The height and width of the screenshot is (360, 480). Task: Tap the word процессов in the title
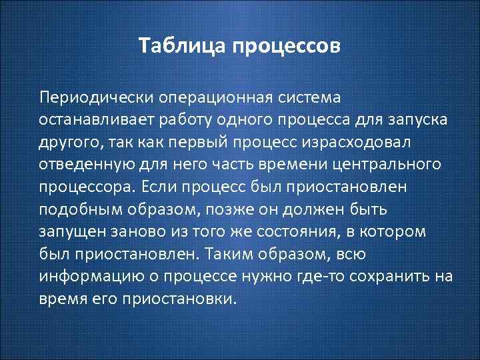click(287, 48)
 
